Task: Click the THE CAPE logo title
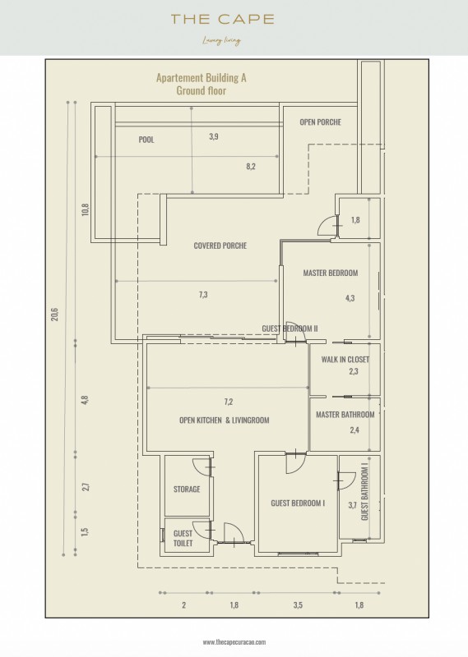point(222,19)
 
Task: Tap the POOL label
point(146,140)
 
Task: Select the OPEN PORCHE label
point(320,122)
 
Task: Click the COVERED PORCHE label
point(220,246)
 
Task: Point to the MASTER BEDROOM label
point(331,273)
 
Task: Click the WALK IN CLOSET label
point(345,359)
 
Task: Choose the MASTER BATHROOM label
point(345,415)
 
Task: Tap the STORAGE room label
point(187,489)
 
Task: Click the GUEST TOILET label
point(183,538)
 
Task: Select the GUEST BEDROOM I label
point(298,503)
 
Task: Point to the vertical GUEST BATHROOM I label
point(364,494)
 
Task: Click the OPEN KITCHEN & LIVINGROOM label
point(225,420)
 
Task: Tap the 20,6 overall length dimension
point(55,315)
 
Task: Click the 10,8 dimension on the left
point(86,209)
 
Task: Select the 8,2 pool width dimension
point(251,167)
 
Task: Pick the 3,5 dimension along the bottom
point(298,605)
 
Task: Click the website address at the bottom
point(234,642)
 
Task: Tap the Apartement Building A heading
point(201,77)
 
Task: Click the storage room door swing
point(202,466)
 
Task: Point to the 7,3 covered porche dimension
point(203,295)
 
